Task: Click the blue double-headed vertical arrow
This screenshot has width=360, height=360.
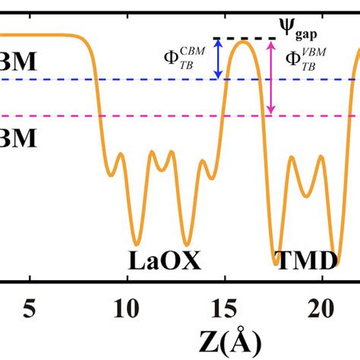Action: tap(219, 59)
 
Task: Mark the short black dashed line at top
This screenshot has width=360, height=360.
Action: tap(243, 39)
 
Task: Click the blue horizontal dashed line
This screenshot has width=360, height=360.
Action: tap(152, 79)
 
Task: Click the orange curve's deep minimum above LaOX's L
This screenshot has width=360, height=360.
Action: tap(135, 242)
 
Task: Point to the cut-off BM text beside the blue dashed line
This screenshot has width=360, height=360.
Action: tap(15, 63)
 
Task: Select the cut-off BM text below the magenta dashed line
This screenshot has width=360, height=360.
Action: tap(15, 141)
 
